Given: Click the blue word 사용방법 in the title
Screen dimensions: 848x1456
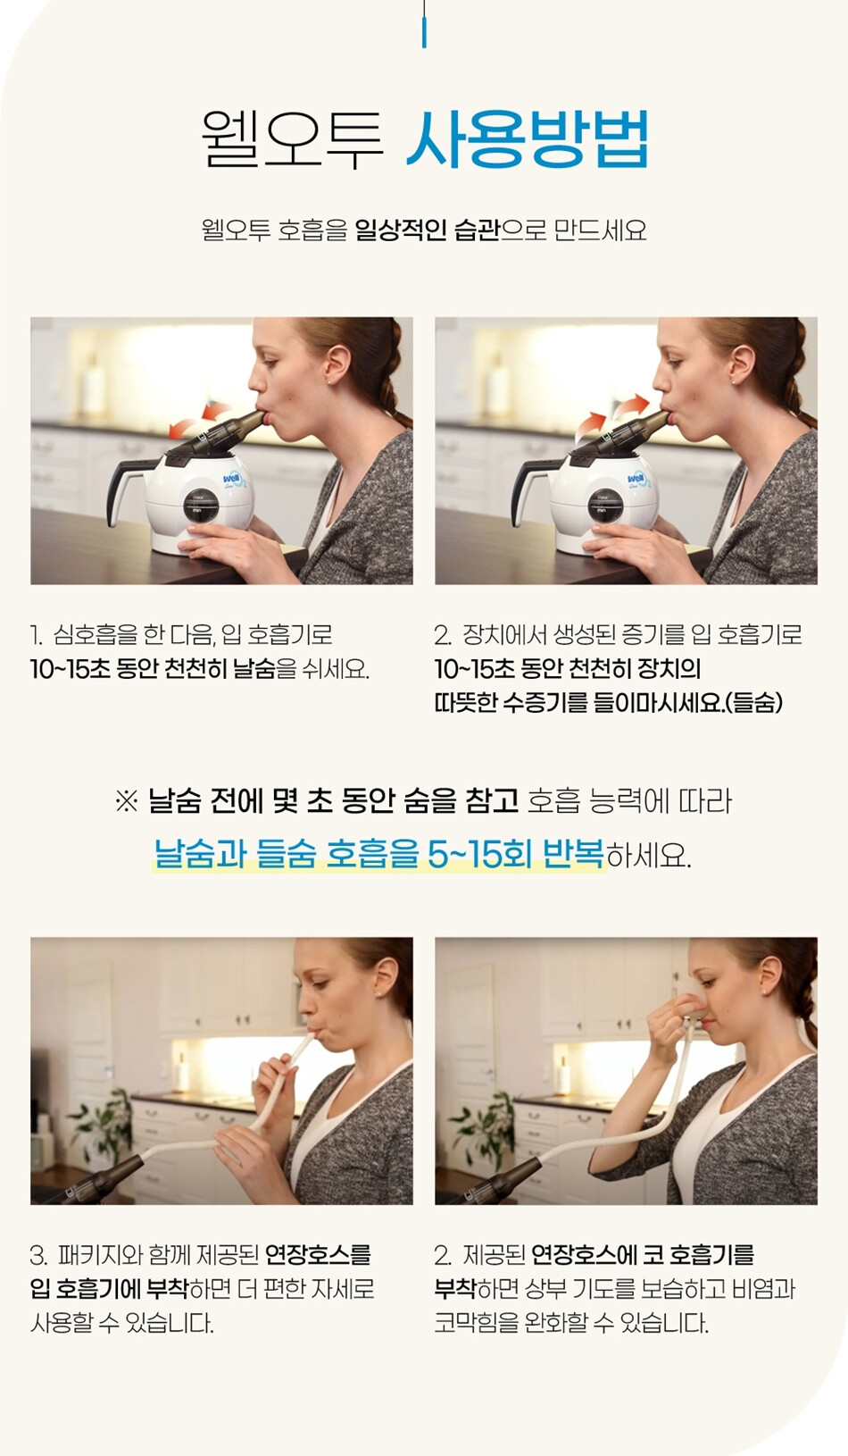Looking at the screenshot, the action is pos(528,140).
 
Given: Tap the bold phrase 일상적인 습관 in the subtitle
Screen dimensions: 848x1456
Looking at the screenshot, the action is pos(428,230).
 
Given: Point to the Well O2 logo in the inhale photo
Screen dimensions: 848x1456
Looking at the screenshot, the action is pos(637,481).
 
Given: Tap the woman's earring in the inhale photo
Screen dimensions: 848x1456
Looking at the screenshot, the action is pos(733,381).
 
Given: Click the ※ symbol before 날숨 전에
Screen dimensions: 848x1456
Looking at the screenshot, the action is pos(126,802).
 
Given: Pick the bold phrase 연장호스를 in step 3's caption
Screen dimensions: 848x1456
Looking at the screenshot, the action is pos(318,1255).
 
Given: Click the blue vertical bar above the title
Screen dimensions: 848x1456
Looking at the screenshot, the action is pos(424,33).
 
